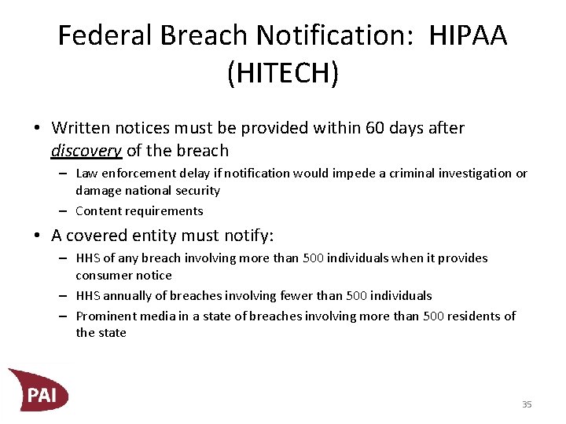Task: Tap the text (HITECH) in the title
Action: [x=283, y=74]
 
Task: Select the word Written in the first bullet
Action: [x=79, y=127]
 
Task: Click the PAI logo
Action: [x=39, y=390]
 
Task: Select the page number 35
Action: [x=527, y=404]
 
